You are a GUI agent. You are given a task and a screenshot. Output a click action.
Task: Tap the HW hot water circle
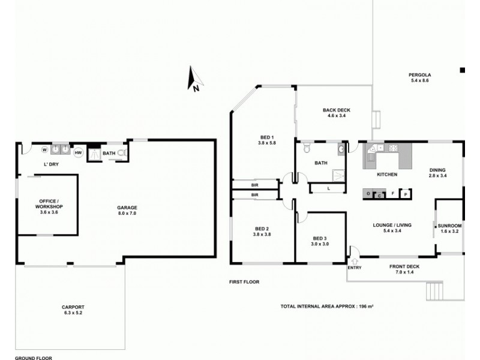coord(78,152)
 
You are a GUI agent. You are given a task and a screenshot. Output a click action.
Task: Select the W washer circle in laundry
coord(44,149)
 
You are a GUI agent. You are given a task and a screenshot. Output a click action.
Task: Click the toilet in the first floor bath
coord(306,148)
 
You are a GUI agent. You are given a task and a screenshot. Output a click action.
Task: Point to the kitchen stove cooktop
coord(394,148)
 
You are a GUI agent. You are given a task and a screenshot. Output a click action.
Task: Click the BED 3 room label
coord(320,238)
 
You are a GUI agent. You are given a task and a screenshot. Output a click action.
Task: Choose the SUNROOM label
coord(450,226)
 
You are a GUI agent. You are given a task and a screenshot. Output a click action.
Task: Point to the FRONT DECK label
coord(404,267)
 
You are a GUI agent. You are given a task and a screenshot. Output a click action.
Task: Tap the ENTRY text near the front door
coord(354,268)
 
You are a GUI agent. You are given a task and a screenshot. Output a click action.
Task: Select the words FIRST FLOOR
coord(244,281)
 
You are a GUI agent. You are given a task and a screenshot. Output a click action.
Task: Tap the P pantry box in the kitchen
coord(405,194)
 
